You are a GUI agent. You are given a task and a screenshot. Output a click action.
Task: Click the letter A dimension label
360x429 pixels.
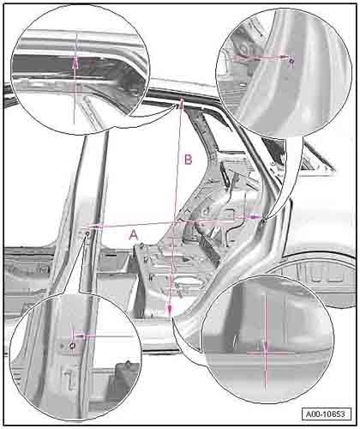(134, 235)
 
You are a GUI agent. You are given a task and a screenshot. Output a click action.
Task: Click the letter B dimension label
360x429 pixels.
(189, 160)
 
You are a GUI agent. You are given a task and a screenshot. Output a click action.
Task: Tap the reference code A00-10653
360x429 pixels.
(326, 414)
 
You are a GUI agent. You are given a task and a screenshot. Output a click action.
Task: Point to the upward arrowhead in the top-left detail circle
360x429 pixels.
(75, 63)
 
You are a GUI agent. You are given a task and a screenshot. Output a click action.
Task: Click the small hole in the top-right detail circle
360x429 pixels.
(291, 61)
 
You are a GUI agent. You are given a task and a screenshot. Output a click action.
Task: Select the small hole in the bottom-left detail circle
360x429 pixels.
(72, 346)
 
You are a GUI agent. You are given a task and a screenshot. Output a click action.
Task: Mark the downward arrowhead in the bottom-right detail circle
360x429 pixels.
(266, 347)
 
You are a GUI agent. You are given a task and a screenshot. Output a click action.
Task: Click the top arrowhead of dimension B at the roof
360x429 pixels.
(182, 102)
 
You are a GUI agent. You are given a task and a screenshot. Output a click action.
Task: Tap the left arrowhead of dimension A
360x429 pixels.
(96, 227)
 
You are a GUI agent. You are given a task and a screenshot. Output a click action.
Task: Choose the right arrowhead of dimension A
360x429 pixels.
(255, 217)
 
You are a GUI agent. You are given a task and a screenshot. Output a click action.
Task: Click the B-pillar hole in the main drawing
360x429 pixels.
(87, 234)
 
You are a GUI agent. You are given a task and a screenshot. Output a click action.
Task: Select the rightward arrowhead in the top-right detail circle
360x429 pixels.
(283, 57)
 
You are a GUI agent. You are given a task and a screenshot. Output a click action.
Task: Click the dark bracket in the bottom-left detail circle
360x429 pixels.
(123, 372)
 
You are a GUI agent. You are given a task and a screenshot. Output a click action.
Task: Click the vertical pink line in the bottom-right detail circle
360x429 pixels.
(266, 343)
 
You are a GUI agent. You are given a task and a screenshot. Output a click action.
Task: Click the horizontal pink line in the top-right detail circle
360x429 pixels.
(260, 58)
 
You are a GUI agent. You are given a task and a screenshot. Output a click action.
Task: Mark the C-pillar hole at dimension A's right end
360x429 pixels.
(264, 221)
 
